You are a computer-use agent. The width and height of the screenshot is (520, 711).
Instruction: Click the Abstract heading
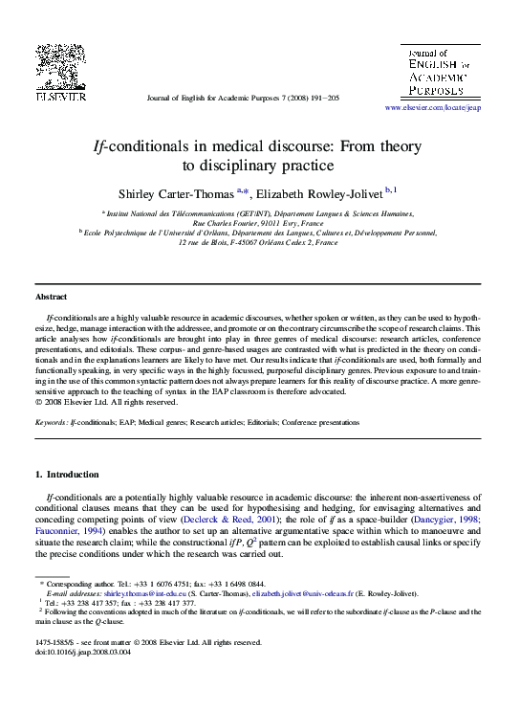pos(52,297)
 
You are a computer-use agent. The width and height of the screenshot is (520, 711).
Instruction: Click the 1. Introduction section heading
pos(66,475)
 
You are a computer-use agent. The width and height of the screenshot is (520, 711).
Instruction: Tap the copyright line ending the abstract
pos(100,402)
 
